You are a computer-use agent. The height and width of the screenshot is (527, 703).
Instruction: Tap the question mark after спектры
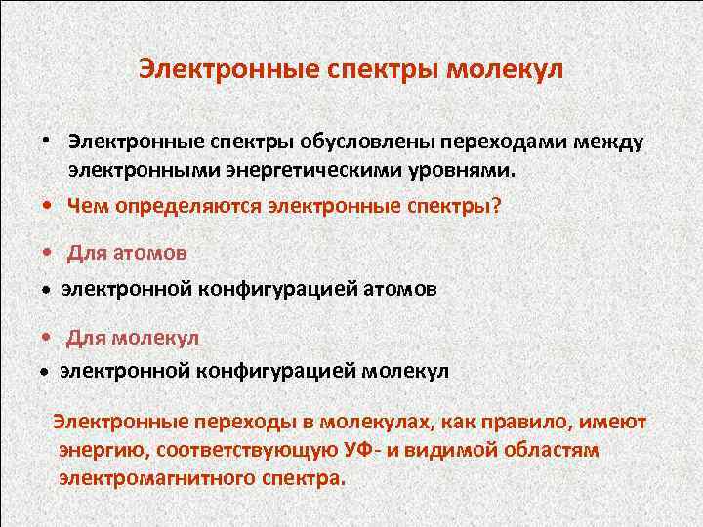(494, 206)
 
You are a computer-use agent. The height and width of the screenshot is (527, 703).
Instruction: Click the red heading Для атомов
(127, 253)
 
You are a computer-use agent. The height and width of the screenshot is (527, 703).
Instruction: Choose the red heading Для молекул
(133, 337)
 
